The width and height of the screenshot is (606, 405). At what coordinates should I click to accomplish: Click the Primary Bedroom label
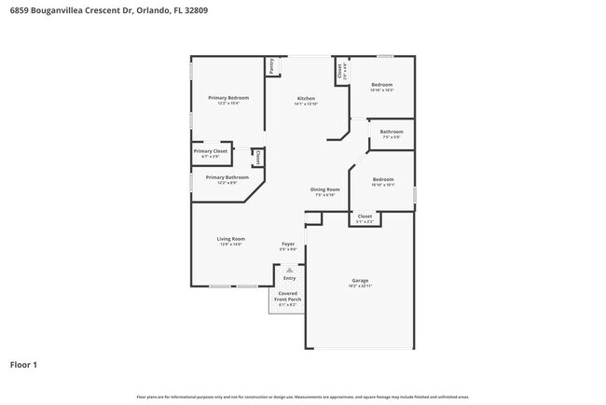[228, 98]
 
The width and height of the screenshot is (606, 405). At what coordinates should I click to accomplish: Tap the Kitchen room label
[306, 98]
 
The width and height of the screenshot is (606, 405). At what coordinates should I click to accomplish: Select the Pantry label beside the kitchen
[271, 66]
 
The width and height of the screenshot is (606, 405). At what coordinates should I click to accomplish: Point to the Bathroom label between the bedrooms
[392, 132]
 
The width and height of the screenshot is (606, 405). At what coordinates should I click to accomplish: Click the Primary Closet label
[211, 151]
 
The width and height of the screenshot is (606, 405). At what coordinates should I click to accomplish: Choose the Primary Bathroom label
[227, 177]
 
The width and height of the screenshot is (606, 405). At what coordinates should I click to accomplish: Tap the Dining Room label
[325, 189]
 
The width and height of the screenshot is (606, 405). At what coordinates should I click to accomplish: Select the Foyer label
[289, 244]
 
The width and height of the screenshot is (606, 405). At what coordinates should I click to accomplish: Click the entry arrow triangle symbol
[289, 270]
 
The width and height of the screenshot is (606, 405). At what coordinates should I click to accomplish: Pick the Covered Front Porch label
[287, 296]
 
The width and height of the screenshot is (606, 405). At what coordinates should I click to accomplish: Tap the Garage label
[360, 280]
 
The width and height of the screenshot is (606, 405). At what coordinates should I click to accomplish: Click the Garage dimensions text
[360, 286]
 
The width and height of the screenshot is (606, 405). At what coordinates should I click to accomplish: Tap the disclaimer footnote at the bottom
[302, 396]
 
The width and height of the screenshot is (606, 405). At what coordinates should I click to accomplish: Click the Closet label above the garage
[365, 216]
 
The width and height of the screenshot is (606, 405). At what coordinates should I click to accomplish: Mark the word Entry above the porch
[289, 278]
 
